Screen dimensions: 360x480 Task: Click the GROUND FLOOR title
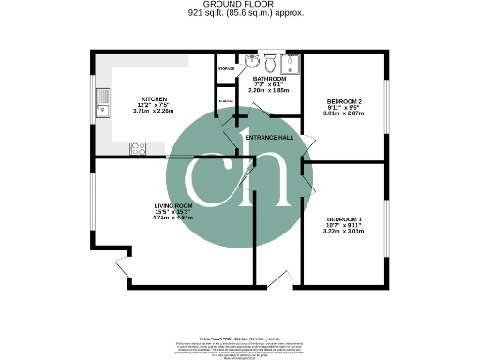pyautogui.click(x=239, y=5)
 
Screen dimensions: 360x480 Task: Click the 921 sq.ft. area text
pyautogui.click(x=239, y=14)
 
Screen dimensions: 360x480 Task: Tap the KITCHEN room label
pyautogui.click(x=154, y=97)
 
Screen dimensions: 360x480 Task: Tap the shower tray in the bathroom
pyautogui.click(x=292, y=64)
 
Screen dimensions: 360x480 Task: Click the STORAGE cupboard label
pyautogui.click(x=226, y=68)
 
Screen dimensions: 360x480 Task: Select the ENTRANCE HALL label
pyautogui.click(x=269, y=138)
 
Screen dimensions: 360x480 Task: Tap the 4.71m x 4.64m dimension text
pyautogui.click(x=173, y=218)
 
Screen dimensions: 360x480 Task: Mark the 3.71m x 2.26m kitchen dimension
pyautogui.click(x=154, y=111)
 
